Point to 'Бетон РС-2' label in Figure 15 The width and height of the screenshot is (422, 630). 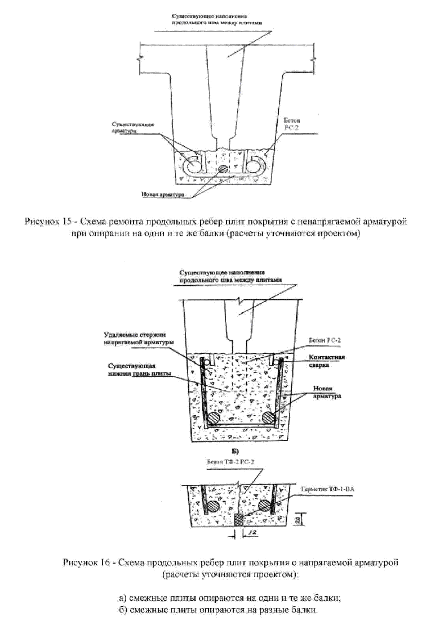point(285,123)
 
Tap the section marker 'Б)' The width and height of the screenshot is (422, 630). point(236,451)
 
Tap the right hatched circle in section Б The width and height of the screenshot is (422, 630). point(264,506)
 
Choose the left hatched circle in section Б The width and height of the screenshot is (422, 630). point(214,506)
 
